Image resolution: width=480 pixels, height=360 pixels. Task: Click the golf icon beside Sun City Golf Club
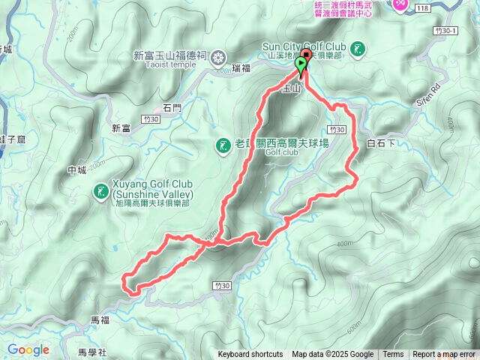pos(358,49)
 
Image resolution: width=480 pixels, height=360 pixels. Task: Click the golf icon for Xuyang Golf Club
pos(100,192)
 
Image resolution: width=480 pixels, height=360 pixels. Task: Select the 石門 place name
pos(172,107)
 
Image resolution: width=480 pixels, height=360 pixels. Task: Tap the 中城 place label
pos(77,169)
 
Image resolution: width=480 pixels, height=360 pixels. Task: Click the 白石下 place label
pos(381,142)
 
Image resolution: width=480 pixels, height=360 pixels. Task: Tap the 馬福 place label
pos(100,319)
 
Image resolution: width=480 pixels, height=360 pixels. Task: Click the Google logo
pos(28,349)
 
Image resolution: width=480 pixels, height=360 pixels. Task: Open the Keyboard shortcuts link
pos(250,355)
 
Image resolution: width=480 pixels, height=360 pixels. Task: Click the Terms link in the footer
pos(393,355)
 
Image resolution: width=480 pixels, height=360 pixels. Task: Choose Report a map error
pos(444,355)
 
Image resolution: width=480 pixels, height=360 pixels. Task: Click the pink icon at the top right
pos(401,5)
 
